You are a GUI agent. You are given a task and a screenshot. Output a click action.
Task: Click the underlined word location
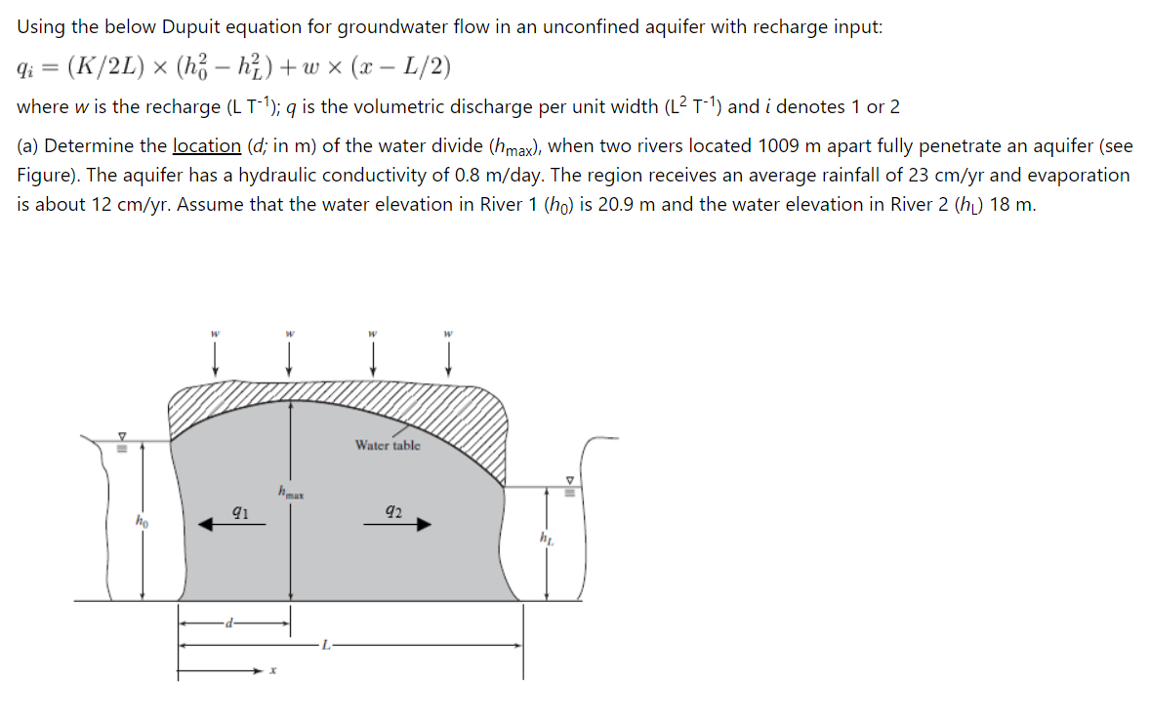206,146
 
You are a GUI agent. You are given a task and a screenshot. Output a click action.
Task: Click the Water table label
388,446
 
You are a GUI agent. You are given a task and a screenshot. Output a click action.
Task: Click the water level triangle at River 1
122,436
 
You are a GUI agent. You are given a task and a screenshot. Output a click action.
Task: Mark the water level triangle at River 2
572,480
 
